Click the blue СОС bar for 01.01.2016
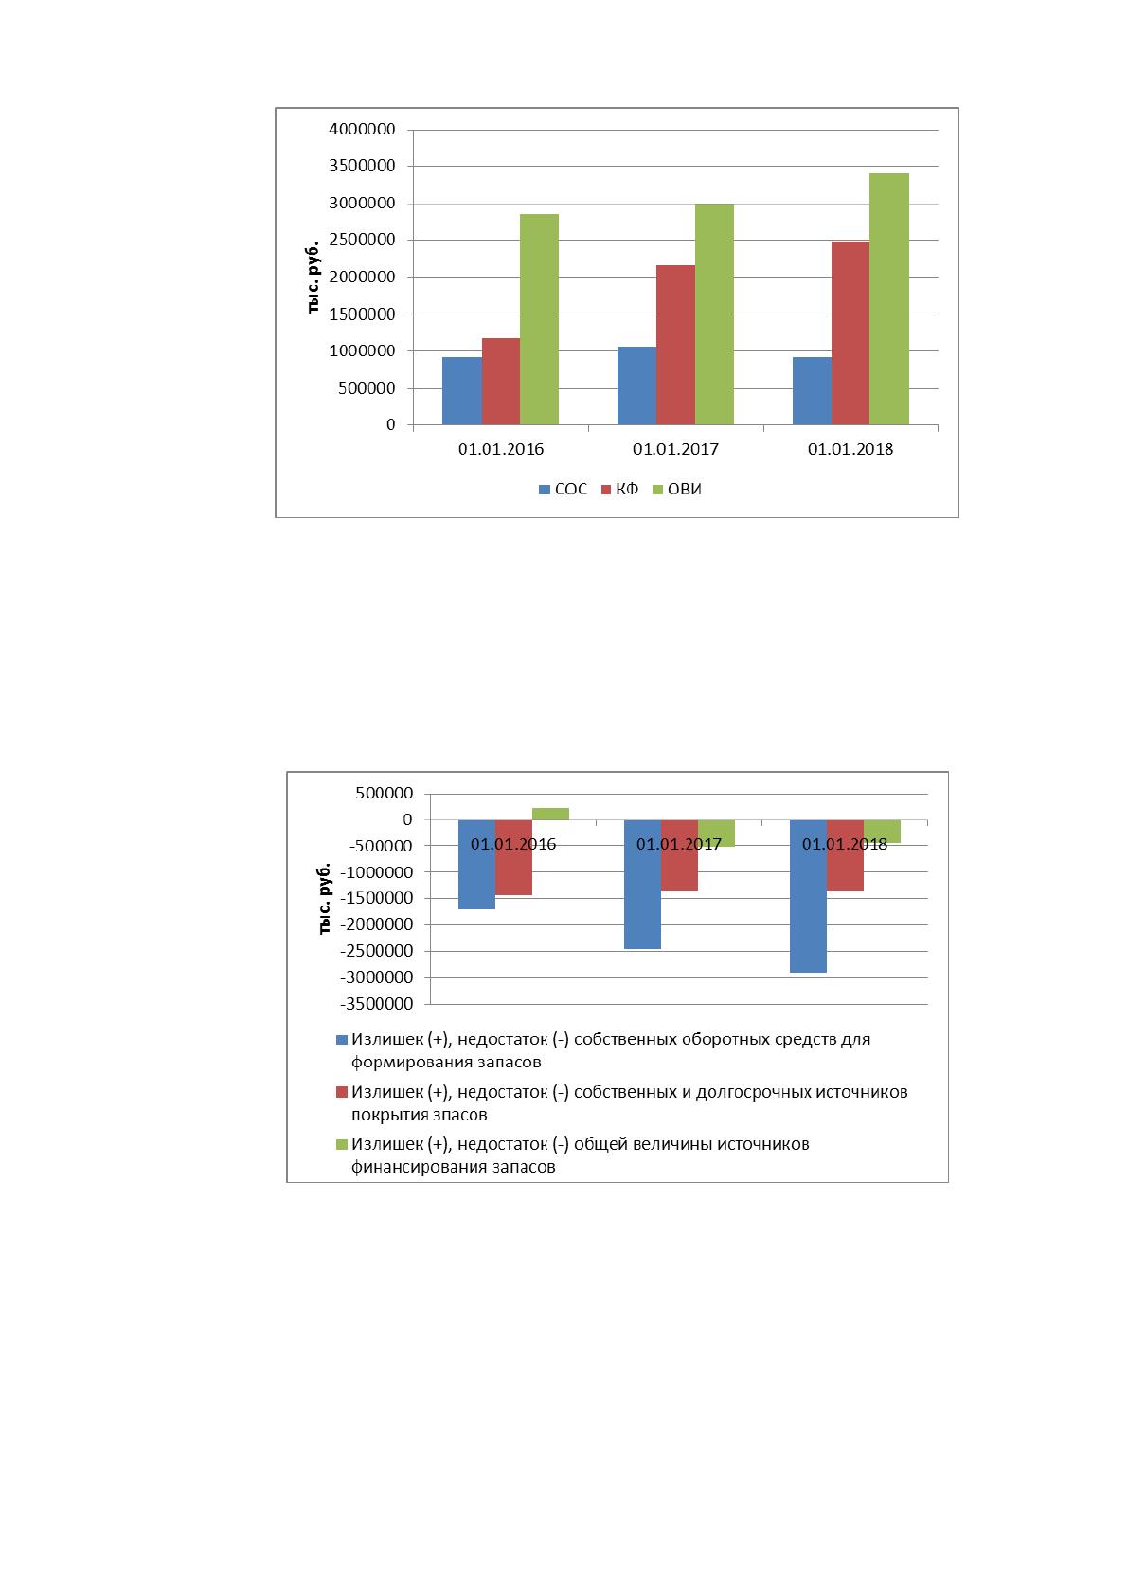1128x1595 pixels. pos(461,391)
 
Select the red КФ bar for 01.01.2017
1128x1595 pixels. pos(675,346)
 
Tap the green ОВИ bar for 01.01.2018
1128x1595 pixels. pos(888,299)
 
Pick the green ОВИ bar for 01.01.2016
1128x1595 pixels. pos(539,320)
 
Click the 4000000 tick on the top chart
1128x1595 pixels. pos(362,129)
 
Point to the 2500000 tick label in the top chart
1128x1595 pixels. pos(362,240)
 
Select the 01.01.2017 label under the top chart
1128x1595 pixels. pos(675,449)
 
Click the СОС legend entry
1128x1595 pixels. pos(563,489)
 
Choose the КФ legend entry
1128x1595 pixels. pos(619,489)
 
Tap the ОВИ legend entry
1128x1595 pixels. pos(677,489)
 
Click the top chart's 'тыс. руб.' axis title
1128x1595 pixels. pos(313,278)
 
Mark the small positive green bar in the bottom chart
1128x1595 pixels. pos(550,814)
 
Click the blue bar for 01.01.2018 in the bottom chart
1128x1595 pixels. pos(808,896)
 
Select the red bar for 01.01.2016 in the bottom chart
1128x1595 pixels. pos(513,857)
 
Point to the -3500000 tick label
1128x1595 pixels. pos(377,1004)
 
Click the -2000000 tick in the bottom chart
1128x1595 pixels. pos(377,925)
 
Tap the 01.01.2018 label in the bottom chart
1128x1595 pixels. pos(845,845)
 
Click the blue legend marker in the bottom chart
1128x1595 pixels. pos(342,1040)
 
